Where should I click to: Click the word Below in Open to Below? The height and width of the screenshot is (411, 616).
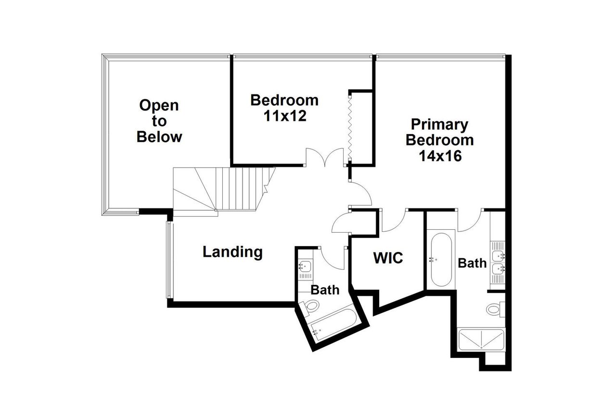point(159,137)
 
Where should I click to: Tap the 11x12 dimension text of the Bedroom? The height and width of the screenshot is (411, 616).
point(284,116)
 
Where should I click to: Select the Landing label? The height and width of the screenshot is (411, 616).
point(232,252)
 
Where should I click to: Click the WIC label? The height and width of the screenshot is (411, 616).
point(388,258)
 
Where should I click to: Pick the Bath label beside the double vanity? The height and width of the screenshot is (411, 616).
point(472,263)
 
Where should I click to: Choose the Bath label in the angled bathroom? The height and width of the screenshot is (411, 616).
point(325,290)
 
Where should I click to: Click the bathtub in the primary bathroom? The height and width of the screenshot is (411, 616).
point(440,260)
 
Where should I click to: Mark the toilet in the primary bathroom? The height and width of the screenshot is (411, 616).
point(495,308)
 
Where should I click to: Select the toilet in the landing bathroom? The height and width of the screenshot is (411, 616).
point(311,305)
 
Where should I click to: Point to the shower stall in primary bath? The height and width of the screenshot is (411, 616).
point(482,340)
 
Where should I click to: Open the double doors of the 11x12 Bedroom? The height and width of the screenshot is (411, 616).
point(326,158)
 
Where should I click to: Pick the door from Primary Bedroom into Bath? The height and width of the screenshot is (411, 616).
point(470,220)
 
